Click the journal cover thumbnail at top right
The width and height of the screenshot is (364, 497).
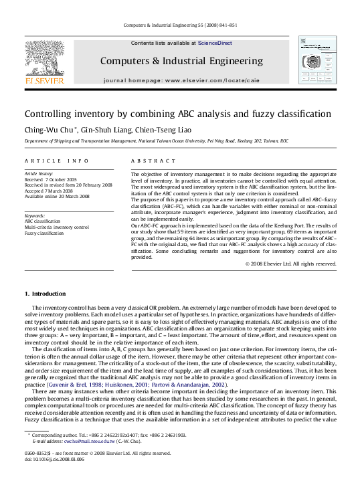tap(317, 62)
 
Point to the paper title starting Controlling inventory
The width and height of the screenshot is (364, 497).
tap(177, 114)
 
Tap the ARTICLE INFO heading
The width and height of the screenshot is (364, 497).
tap(56, 161)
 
